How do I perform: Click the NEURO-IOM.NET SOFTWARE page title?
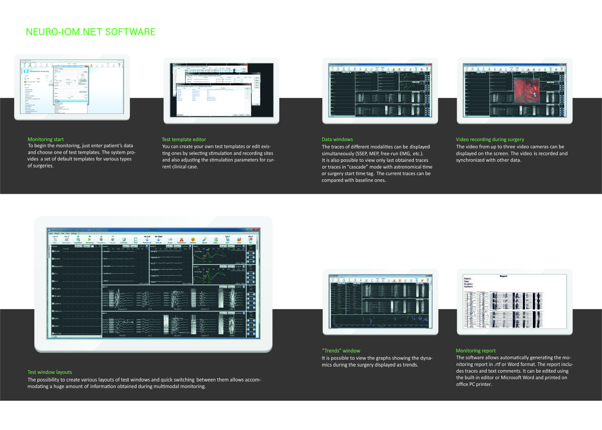(x=91, y=32)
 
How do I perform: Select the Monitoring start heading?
(x=46, y=139)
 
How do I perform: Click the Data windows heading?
(x=337, y=139)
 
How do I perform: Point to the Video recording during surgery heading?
(x=490, y=139)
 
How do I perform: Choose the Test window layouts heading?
(x=50, y=372)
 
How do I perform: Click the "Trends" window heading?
(x=341, y=350)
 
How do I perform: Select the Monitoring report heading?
(x=475, y=350)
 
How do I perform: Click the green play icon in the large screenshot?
(x=89, y=239)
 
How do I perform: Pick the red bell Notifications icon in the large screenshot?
(x=181, y=239)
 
